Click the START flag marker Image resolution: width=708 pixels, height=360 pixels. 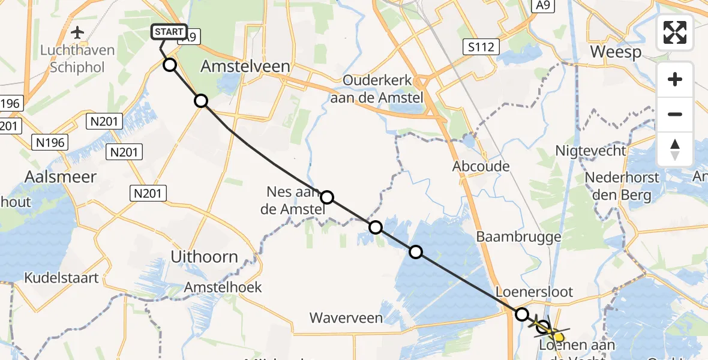(x=170, y=32)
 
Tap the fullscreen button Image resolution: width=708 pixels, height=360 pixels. (x=675, y=32)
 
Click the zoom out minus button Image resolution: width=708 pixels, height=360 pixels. (x=675, y=114)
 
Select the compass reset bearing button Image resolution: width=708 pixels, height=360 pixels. (x=675, y=149)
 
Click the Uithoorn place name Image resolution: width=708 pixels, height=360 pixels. (x=204, y=257)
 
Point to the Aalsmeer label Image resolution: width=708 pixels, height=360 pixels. (x=52, y=177)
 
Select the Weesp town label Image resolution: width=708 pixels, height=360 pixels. (x=615, y=52)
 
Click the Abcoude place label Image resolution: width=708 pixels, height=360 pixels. (x=481, y=167)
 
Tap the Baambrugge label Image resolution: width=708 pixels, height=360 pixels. (x=518, y=236)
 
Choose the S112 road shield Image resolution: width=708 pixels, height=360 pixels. (x=481, y=46)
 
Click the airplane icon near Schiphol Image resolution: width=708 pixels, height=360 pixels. (x=77, y=32)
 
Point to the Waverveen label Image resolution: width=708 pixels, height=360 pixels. (x=346, y=317)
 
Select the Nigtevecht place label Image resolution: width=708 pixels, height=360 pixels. (x=590, y=151)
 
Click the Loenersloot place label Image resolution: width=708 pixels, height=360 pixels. (x=535, y=292)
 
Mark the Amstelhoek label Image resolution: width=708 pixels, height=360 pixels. (x=223, y=287)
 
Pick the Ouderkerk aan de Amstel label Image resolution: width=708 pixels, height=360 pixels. (x=383, y=89)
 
